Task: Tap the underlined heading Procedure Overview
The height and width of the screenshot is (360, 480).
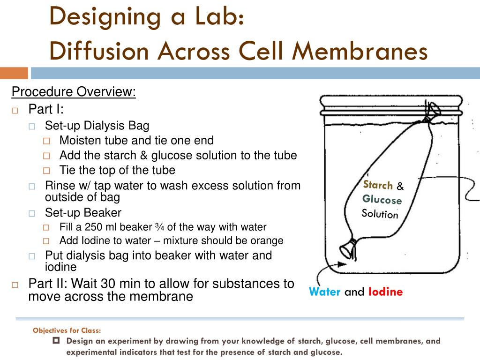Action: tap(74, 92)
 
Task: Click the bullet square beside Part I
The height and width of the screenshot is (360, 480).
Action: tap(15, 111)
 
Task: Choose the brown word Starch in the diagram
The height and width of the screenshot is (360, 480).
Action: tap(378, 185)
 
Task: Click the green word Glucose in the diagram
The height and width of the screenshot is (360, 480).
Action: tap(382, 200)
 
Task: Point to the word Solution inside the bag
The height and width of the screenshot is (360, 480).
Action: tap(380, 214)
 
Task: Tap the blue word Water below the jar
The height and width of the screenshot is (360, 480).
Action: tap(324, 292)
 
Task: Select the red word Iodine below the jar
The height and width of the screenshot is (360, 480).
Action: tap(385, 292)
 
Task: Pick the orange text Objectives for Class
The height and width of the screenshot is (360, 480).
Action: tap(67, 330)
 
